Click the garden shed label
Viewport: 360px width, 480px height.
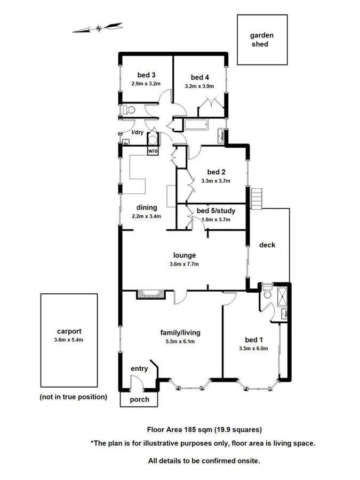(x=262, y=40)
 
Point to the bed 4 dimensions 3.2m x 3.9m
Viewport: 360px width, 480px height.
(x=199, y=86)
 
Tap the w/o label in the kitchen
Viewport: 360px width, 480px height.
(x=153, y=151)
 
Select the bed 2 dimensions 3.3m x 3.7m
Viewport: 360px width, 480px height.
(x=215, y=181)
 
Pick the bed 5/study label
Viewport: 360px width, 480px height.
(x=216, y=211)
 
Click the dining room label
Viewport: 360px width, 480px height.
(x=146, y=207)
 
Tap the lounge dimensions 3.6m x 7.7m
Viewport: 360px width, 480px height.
(x=183, y=264)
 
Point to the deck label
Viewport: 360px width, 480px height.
(x=267, y=245)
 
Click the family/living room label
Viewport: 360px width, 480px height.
(x=180, y=332)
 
